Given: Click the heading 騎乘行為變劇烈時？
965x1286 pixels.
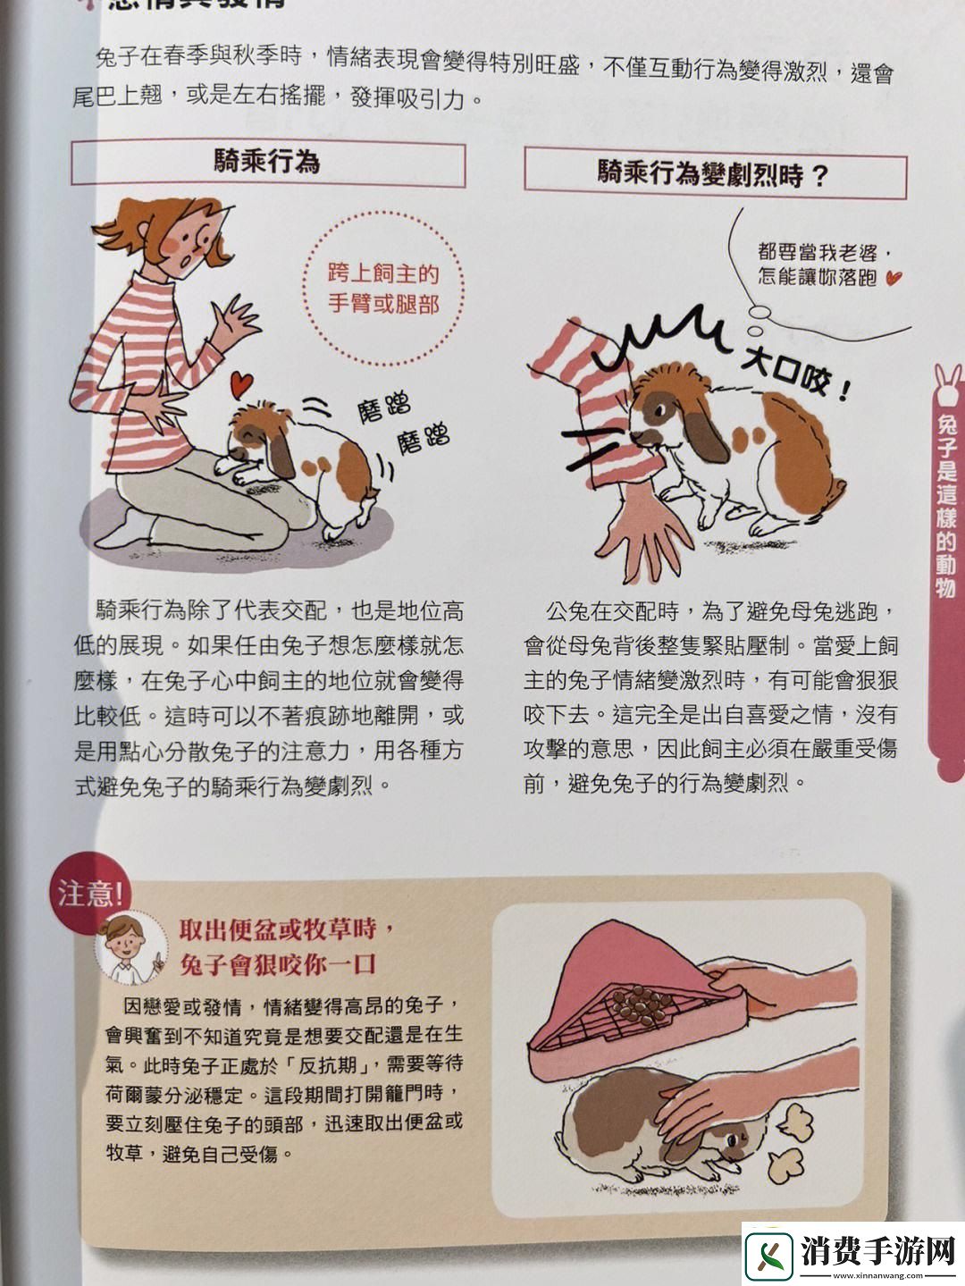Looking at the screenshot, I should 714,172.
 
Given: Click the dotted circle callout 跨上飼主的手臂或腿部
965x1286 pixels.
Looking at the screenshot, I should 383,288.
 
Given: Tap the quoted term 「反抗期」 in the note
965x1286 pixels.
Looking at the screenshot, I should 330,1065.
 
